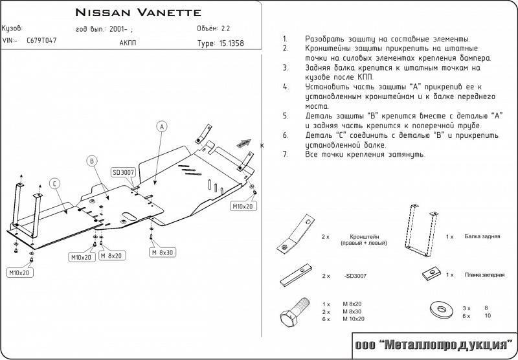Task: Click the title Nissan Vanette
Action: pyautogui.click(x=138, y=12)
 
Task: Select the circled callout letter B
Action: pyautogui.click(x=92, y=161)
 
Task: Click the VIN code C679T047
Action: pyautogui.click(x=41, y=40)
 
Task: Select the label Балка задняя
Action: pyautogui.click(x=482, y=237)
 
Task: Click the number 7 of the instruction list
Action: pyautogui.click(x=286, y=155)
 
